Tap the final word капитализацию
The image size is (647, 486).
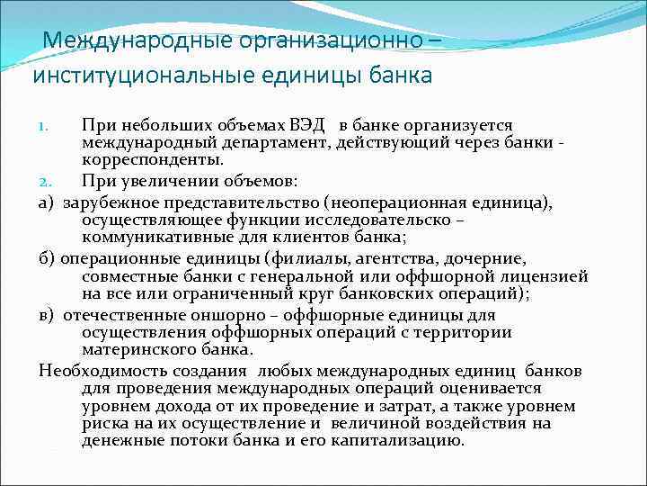(391, 440)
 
